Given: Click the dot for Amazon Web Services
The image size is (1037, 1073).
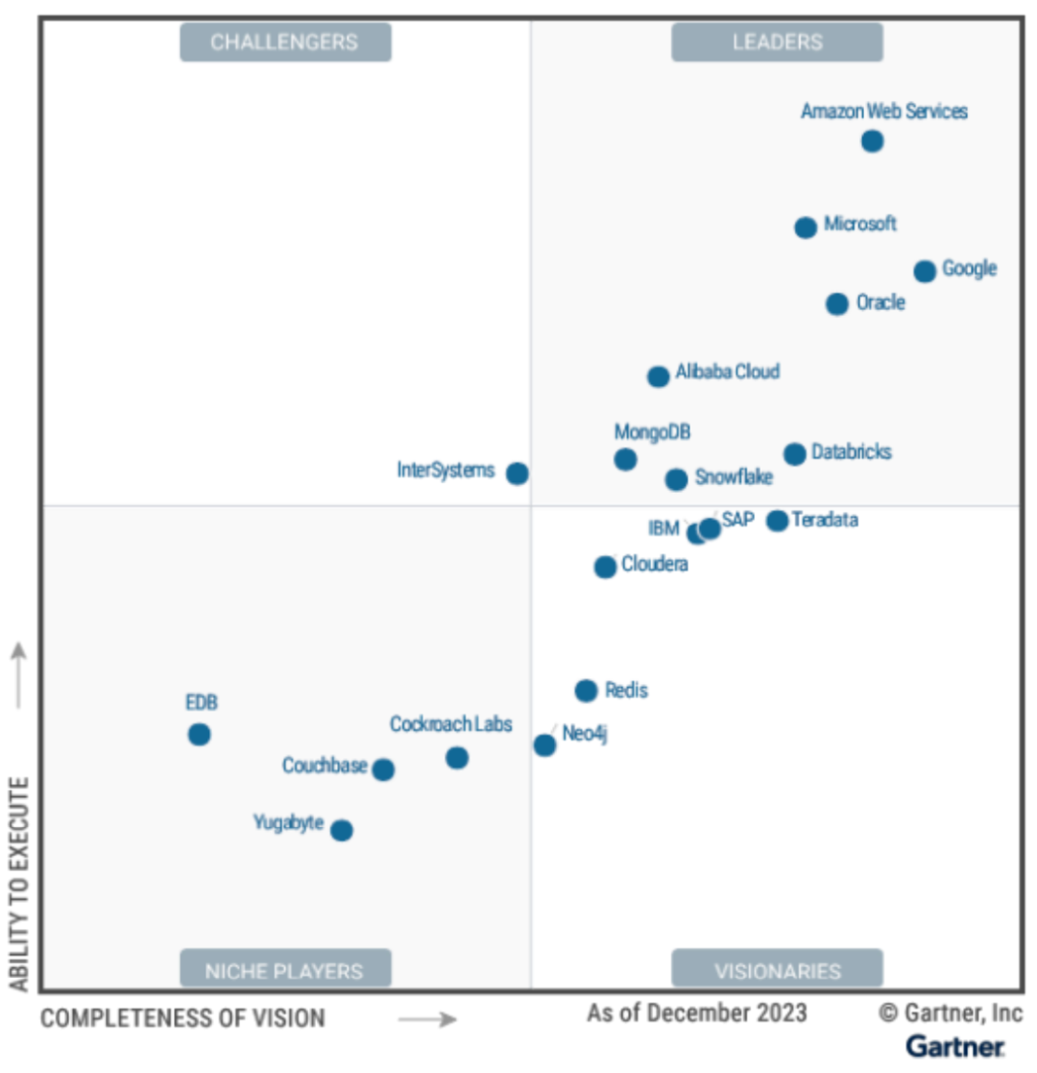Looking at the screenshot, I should coord(872,141).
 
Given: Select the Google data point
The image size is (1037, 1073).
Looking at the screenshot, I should coord(925,271).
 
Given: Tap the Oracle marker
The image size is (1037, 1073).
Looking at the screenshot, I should coord(837,304).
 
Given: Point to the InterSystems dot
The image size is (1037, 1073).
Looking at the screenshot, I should coord(518,473).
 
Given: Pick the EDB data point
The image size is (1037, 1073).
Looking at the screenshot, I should coord(199,735).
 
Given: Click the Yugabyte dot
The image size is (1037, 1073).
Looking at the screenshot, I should coord(342,830).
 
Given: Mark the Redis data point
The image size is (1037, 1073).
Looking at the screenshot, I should coord(586,691).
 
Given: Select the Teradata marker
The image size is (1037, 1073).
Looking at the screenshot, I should coord(777,521).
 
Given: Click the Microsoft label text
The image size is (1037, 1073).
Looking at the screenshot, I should coord(860,224).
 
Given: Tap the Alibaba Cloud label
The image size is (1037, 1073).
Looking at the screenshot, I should coord(728,372).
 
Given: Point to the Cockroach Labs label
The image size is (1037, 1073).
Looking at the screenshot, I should coord(451,724).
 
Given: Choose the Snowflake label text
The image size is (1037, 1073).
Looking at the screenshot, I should coord(734,476).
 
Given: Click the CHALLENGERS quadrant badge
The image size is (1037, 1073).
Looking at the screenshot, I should coord(285,42).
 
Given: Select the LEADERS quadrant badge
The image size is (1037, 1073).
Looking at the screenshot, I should coord(777,42).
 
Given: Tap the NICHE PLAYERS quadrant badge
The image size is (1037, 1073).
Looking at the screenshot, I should coord(285,970).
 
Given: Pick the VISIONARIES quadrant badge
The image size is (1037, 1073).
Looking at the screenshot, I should coord(777,970).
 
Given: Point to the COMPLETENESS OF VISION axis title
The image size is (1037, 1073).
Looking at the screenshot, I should coord(182,1018).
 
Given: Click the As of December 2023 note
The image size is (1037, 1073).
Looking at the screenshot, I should coord(697,1013).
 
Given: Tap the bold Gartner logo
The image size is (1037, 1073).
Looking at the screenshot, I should coord(954,1046).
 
